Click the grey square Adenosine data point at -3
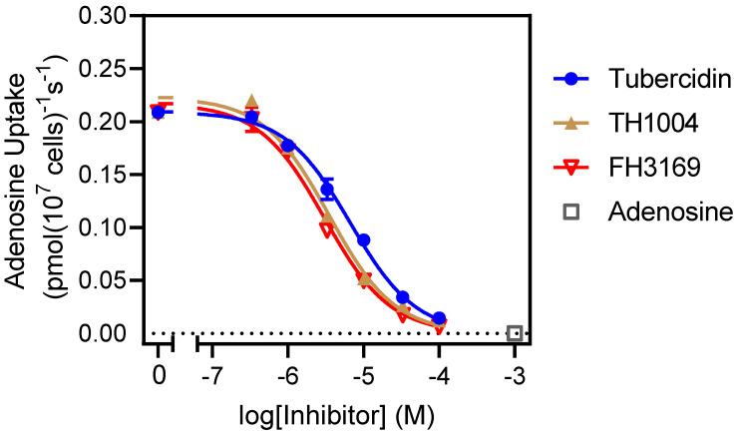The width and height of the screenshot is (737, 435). point(515,333)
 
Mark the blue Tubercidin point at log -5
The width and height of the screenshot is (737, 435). point(364,240)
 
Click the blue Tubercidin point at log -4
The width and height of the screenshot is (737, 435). point(439,317)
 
